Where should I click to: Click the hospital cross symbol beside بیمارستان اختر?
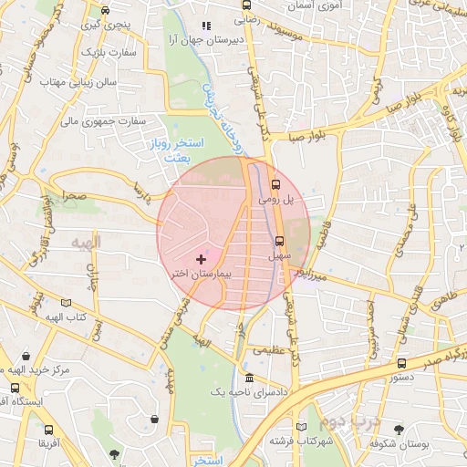click(202, 260)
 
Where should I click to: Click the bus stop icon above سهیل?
click(279, 242)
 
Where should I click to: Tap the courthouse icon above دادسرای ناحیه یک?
click(250, 379)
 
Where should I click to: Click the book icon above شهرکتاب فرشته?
click(302, 425)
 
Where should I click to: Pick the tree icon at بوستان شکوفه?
click(400, 429)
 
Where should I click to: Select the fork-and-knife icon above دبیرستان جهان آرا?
click(206, 26)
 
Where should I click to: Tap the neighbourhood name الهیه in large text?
click(89, 242)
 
